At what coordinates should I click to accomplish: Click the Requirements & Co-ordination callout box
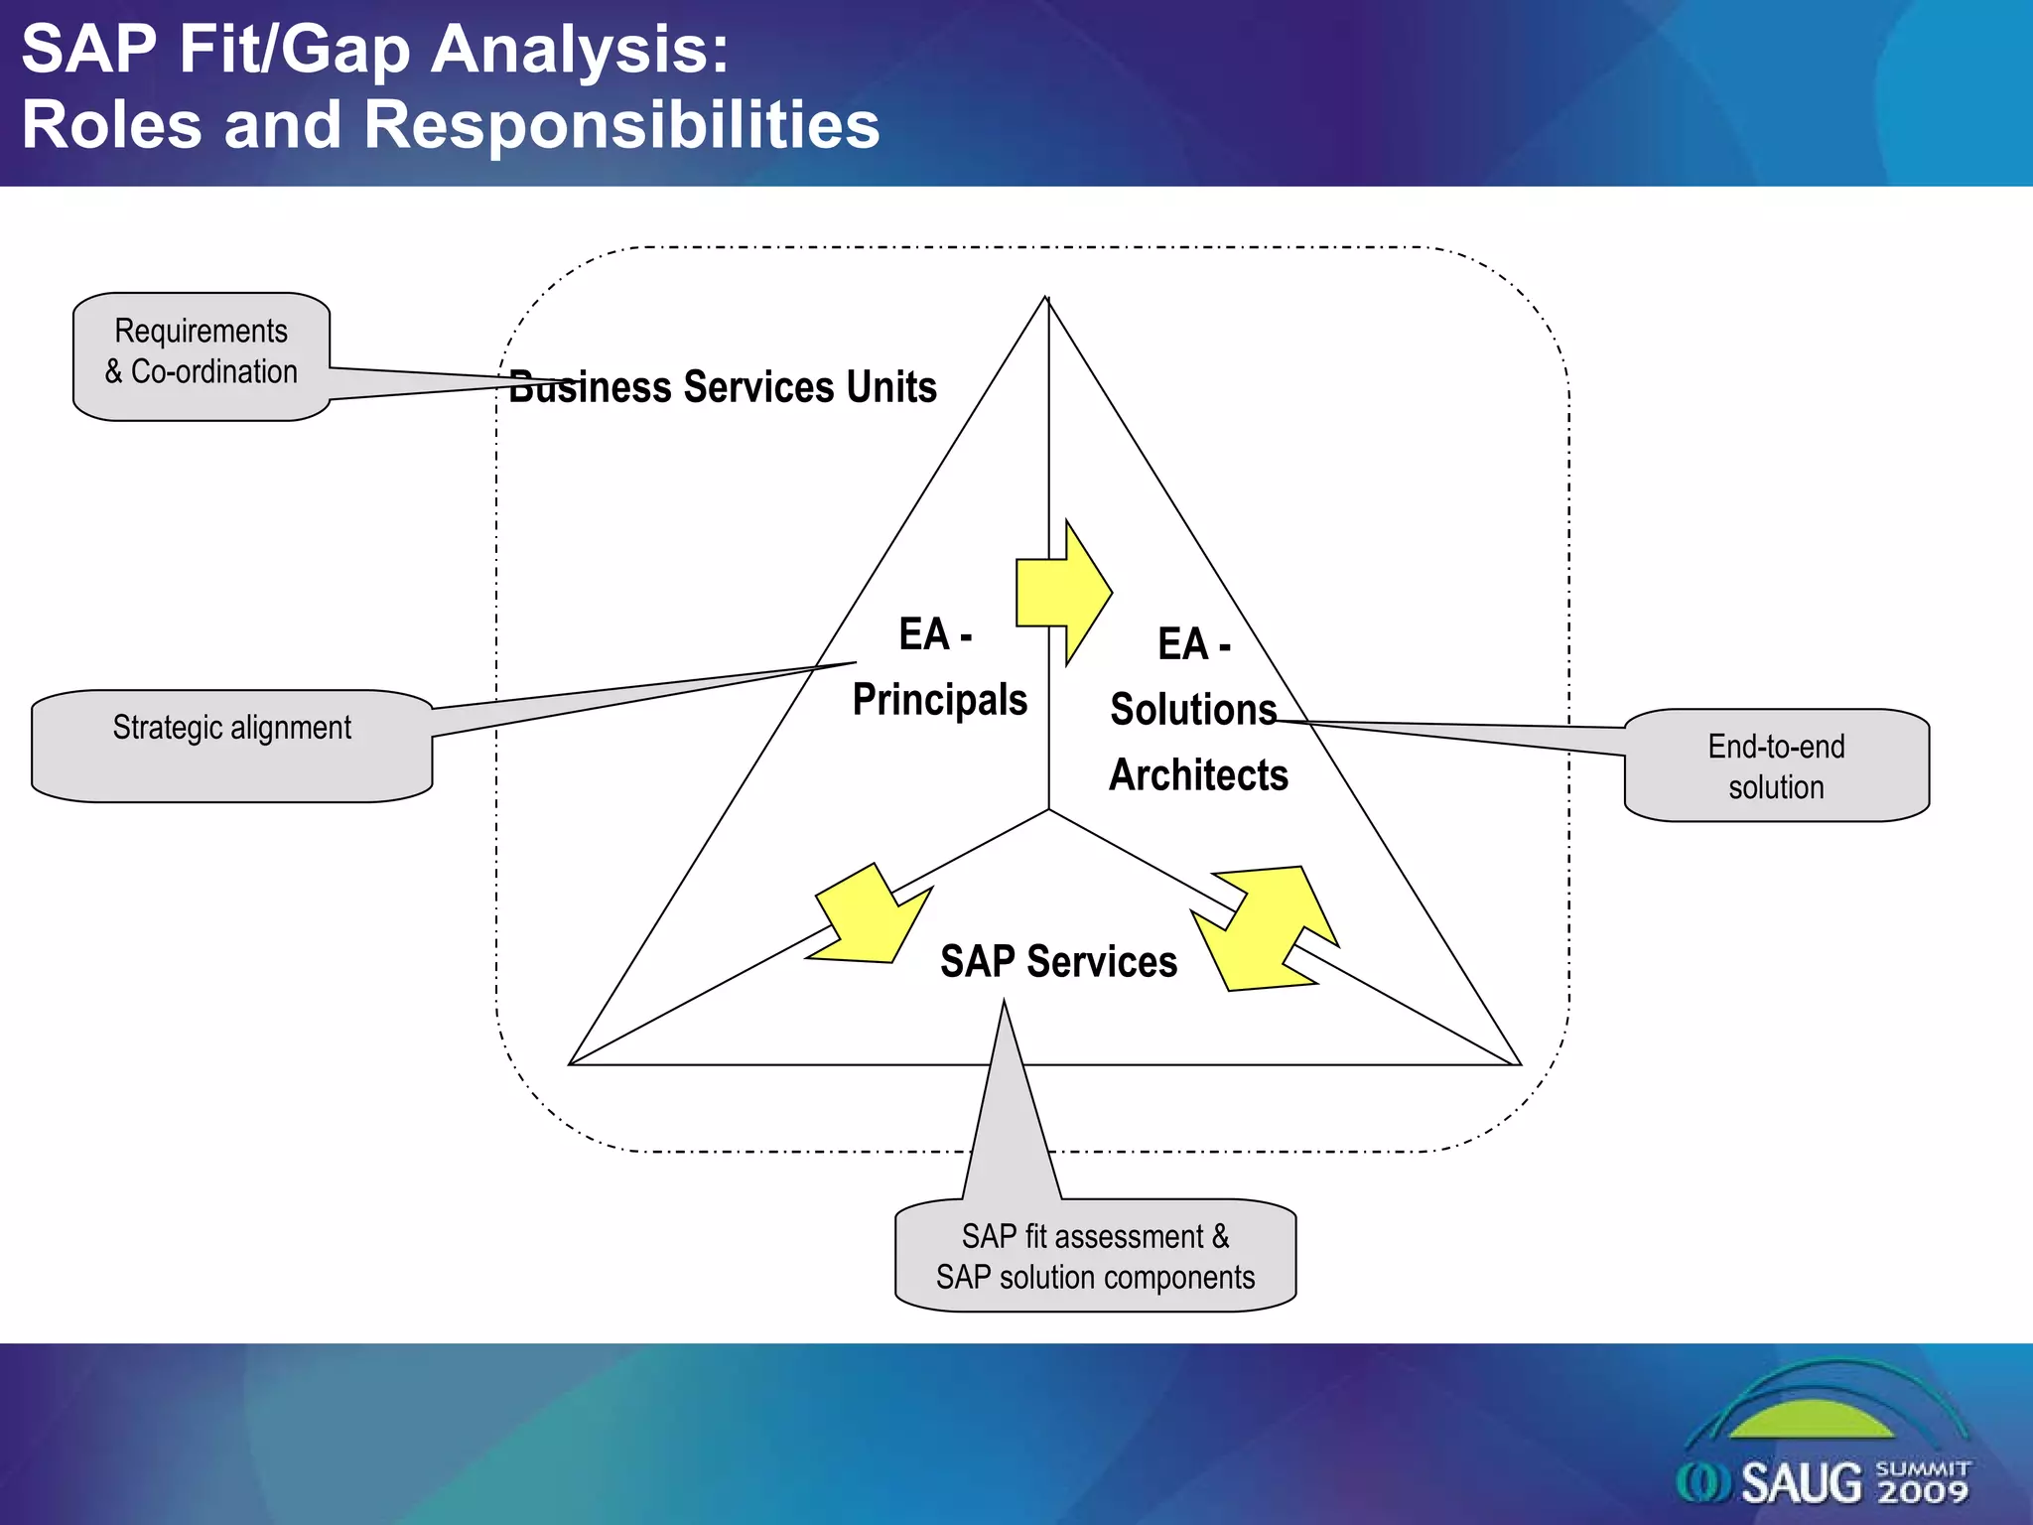coord(201,354)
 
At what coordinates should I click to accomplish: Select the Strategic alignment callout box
coord(231,745)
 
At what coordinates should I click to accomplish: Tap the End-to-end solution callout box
coord(1776,765)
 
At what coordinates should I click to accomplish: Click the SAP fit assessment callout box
coord(1095,1256)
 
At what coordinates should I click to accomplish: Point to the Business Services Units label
coord(723,387)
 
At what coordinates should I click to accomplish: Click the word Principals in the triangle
coord(939,699)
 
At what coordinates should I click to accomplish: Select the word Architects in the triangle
coord(1198,774)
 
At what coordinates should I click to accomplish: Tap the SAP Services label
coord(1058,961)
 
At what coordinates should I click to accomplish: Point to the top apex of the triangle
coord(1046,298)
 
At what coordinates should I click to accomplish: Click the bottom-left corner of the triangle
coord(570,1063)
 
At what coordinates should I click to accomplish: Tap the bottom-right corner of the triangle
coord(1520,1063)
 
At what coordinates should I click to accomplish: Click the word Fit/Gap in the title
coord(294,50)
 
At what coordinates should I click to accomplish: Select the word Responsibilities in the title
coord(621,125)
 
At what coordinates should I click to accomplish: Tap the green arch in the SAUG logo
coord(1813,1420)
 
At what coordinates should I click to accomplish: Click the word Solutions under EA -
coord(1193,709)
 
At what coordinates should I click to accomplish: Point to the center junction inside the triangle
coord(1049,809)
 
